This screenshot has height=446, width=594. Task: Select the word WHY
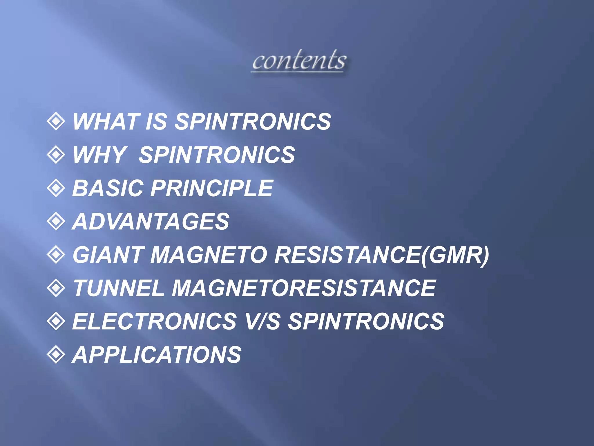point(99,155)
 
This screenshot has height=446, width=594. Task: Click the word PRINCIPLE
point(212,188)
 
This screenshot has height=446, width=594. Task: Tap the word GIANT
point(108,255)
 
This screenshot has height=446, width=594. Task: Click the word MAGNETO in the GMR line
point(209,255)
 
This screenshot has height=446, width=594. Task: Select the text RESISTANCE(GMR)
point(382,255)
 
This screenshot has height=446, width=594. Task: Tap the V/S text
point(262,321)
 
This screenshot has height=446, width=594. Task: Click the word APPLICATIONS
point(157,355)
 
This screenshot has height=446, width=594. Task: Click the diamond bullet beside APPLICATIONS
point(56,355)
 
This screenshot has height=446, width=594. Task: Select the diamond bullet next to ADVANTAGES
point(56,221)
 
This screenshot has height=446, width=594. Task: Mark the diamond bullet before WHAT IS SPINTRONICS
point(56,121)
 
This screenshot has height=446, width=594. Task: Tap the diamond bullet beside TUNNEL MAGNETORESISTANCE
point(56,288)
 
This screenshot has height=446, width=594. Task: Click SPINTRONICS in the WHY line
point(217,155)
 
